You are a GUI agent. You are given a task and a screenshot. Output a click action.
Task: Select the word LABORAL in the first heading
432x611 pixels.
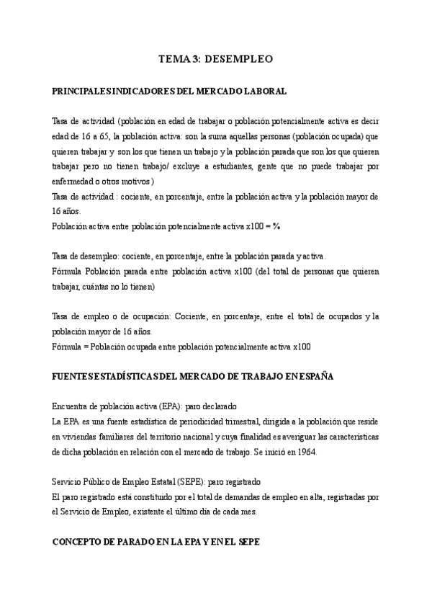(266, 92)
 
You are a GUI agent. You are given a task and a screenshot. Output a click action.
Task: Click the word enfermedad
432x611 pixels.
(73, 181)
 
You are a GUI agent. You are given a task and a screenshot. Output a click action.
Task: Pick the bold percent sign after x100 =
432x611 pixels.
(276, 226)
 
